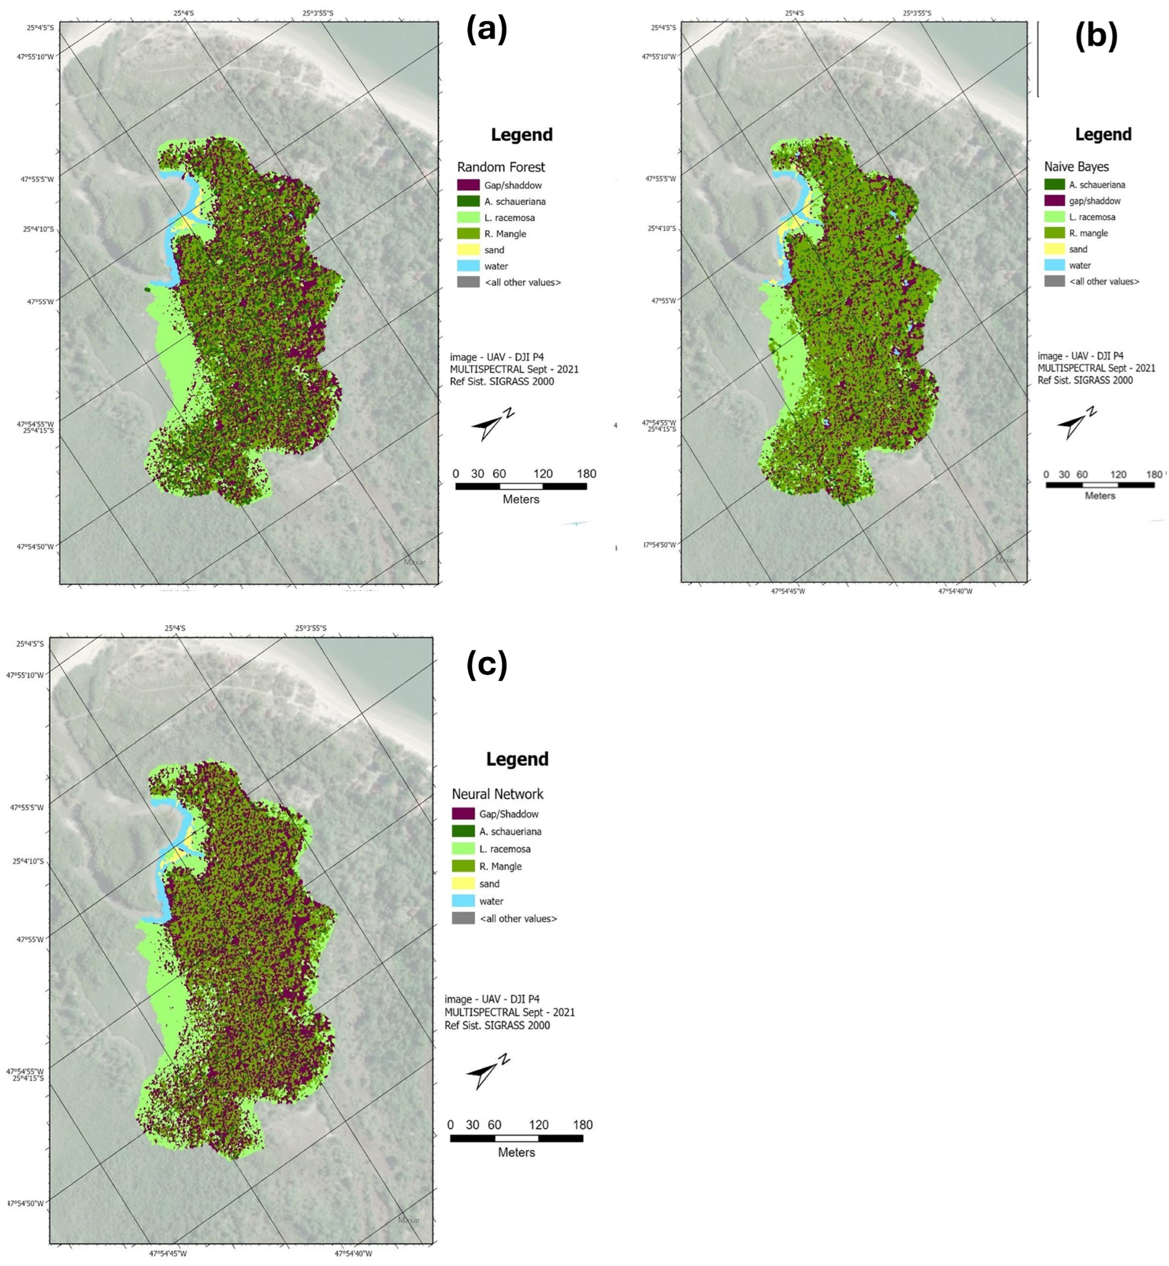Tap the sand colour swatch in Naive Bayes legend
pos(1054,249)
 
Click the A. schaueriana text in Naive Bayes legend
pos(1097,185)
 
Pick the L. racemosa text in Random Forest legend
pos(509,218)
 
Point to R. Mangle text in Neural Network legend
pos(500,867)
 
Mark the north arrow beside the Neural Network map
pos(487,1070)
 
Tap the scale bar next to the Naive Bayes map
pos(1099,485)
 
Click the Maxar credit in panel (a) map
pos(414,562)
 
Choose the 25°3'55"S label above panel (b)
pos(919,13)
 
